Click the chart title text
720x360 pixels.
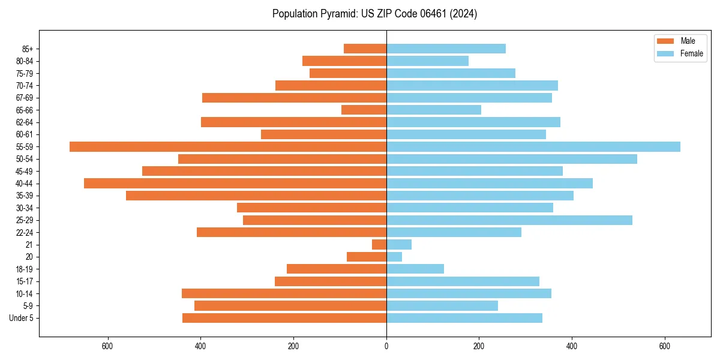pos(374,14)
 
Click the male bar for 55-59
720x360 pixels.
pos(228,146)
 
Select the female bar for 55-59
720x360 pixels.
pos(533,146)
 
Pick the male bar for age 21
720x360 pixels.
pos(379,244)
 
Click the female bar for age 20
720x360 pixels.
pos(394,257)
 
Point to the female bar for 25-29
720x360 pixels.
pos(509,220)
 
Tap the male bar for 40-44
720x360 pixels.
pos(235,183)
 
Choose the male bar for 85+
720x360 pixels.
pos(365,49)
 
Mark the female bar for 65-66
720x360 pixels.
pos(434,110)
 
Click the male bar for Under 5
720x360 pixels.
pos(284,318)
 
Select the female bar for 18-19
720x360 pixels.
pos(415,269)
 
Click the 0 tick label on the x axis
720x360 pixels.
pos(386,346)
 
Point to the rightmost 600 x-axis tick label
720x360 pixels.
pos(664,346)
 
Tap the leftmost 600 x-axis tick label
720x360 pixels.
pos(108,346)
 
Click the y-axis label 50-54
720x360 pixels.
pos(25,159)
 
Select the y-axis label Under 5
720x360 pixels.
pos(22,318)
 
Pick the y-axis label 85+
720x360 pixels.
pos(28,49)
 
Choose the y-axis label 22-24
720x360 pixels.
pos(25,232)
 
